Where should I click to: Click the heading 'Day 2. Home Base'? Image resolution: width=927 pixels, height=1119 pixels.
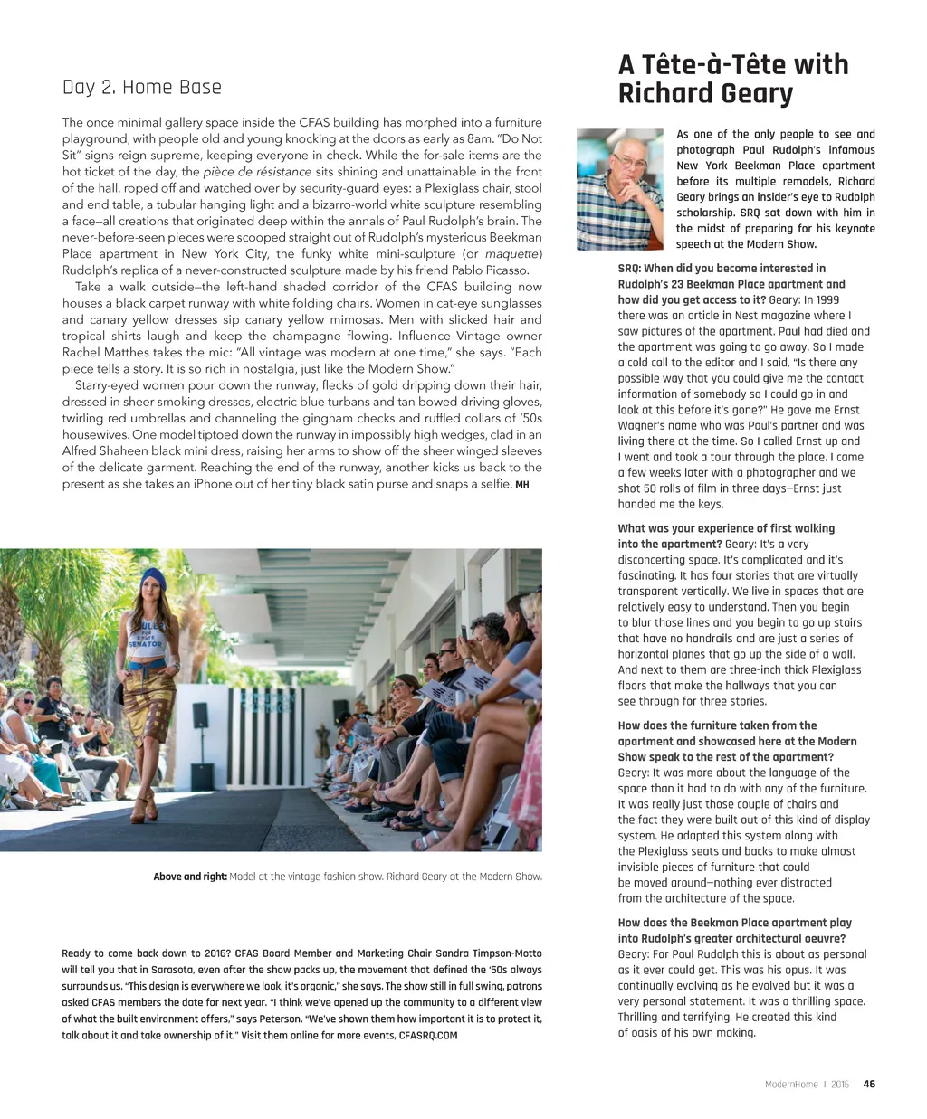pos(142,87)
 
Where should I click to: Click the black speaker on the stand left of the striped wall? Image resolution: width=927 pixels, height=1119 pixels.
pos(200,716)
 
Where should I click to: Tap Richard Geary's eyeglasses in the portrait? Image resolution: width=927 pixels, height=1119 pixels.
pos(629,162)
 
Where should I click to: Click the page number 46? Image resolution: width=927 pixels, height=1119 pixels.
pos(869,1084)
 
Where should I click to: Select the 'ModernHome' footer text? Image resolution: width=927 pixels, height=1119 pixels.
pos(791,1084)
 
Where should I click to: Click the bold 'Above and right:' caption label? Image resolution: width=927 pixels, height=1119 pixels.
pos(190,876)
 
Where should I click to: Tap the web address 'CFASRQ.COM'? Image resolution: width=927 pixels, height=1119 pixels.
pos(428,1035)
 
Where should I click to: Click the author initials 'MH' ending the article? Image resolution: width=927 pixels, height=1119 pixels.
pos(521,485)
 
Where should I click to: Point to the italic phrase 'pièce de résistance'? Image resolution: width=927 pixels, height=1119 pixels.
pos(257,172)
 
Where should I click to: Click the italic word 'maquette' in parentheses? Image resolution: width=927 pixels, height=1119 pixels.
pos(511,253)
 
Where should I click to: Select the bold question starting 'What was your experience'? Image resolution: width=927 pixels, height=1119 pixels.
pos(726,528)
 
